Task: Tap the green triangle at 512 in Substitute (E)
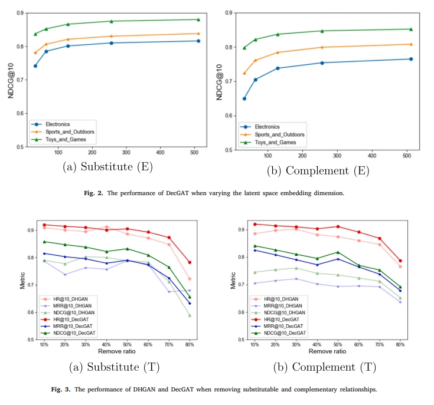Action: [198, 19]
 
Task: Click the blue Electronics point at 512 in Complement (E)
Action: [411, 59]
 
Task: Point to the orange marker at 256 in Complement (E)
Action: [322, 47]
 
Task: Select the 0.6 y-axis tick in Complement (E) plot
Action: [227, 116]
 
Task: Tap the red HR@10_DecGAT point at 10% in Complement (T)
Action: [254, 224]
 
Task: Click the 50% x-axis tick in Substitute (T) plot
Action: [126, 344]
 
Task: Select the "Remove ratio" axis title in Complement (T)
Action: [328, 351]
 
